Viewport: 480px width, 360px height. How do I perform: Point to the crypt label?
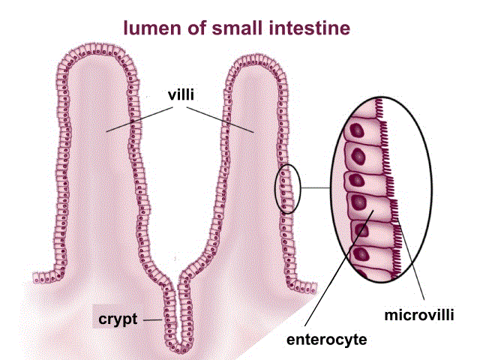point(118,319)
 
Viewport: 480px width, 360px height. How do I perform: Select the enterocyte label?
point(326,340)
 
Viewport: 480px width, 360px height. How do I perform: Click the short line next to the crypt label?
point(154,319)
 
